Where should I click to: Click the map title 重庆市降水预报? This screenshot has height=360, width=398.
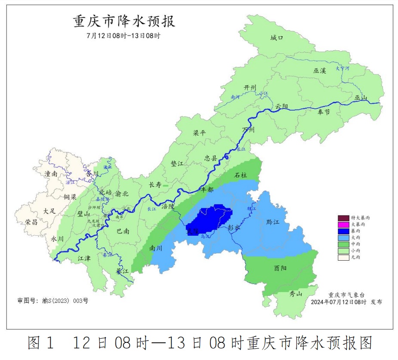pos(124,21)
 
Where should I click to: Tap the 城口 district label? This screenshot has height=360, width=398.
pos(277,38)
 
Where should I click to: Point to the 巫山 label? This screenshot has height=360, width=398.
pos(361,98)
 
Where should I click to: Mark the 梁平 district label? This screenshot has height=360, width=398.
pos(200,133)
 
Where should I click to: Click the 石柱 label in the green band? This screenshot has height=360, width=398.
pos(241,175)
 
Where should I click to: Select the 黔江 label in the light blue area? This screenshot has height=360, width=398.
pos(273,222)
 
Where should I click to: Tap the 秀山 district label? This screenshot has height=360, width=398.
pos(296,294)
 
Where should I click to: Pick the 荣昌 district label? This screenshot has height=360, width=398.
pos(31,222)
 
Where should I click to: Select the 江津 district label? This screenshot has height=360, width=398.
pos(84,258)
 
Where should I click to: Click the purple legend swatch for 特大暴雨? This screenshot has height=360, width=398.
pos(343,218)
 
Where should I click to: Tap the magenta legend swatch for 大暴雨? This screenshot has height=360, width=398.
pos(343,225)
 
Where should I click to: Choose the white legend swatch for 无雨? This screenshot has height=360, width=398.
pos(343,257)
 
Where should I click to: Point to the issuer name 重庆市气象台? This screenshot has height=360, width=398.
pos(346,295)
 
